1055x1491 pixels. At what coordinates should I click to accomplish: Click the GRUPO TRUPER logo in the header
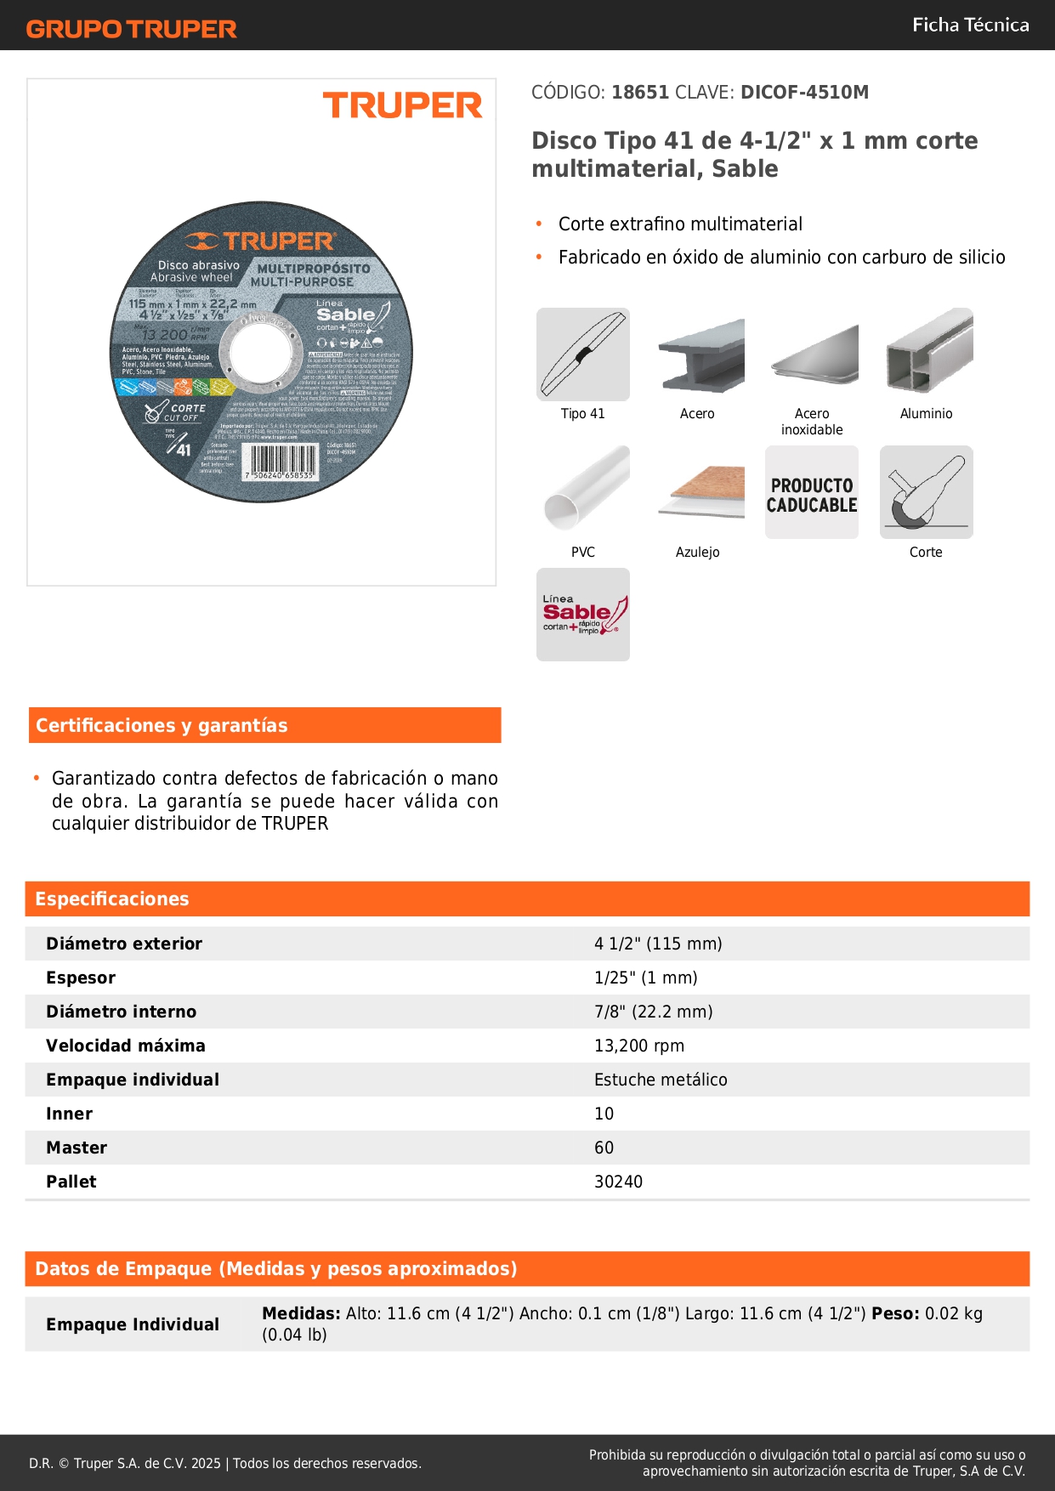click(x=132, y=29)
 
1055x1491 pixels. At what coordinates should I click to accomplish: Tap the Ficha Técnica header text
click(x=970, y=25)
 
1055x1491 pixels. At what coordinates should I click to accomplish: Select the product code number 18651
click(x=640, y=92)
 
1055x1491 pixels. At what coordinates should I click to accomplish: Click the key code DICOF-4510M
click(x=804, y=92)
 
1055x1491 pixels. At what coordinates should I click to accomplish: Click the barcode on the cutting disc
click(x=280, y=462)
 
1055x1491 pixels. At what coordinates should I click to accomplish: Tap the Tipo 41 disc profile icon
click(x=583, y=354)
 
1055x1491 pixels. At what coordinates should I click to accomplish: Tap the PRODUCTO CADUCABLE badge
click(x=812, y=493)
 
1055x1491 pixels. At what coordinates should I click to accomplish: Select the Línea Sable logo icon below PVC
click(x=583, y=615)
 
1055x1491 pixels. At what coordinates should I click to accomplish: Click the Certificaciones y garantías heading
click(x=162, y=725)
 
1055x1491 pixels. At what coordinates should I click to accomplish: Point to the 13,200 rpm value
click(x=639, y=1046)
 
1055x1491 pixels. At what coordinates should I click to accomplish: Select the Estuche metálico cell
click(x=661, y=1080)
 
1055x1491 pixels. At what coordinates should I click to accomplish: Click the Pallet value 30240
click(x=618, y=1182)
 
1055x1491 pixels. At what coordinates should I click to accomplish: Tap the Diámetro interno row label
click(x=122, y=1012)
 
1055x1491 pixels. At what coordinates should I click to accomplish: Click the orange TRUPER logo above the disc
click(x=402, y=105)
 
